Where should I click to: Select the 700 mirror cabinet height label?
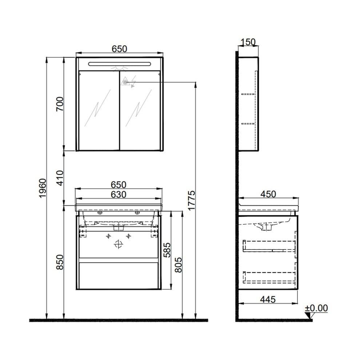60,104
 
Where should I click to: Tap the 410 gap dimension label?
60,178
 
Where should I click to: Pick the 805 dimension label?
178,263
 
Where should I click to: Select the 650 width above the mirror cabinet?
119,49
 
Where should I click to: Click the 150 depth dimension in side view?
248,42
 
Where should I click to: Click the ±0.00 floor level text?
316,308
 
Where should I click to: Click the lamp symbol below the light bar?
119,68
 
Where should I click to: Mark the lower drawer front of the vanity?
119,275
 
